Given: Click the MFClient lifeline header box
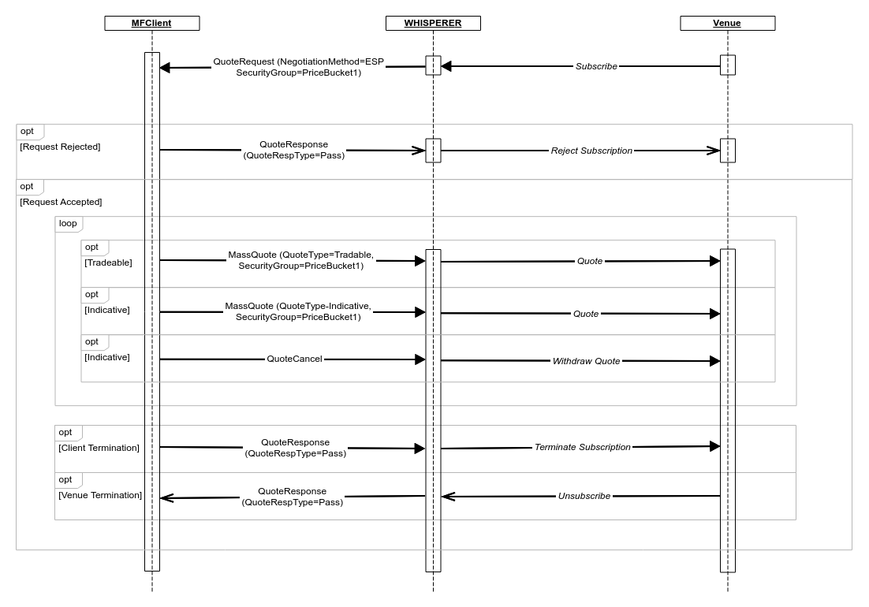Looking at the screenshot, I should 151,23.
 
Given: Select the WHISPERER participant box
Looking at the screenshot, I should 433,23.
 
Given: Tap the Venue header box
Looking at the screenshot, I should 727,23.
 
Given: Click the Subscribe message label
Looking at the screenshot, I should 596,67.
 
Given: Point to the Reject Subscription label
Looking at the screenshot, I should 591,151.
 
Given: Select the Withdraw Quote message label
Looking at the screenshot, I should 586,361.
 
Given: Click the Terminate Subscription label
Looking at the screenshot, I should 582,447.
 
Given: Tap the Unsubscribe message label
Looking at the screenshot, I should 584,497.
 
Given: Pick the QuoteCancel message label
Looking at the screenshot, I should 294,359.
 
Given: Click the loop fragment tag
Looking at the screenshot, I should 68,224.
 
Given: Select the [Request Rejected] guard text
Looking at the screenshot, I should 60,147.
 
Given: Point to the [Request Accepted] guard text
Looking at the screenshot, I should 61,202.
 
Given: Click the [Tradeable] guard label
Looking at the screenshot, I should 108,263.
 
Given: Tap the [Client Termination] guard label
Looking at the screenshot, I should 99,448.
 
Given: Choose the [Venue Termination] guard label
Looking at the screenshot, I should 100,495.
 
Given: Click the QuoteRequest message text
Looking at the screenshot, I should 298,67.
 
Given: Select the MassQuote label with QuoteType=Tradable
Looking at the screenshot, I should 300,260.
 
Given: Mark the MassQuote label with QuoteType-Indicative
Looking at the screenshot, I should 297,311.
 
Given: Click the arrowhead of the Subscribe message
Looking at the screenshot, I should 446,67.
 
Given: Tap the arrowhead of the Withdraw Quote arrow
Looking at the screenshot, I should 715,361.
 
